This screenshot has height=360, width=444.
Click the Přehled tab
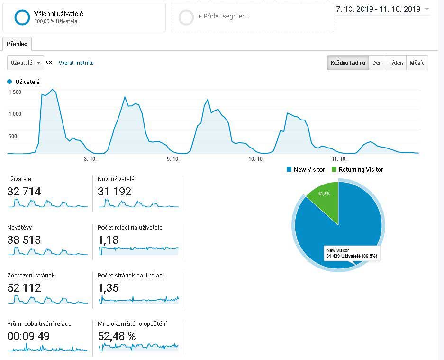click(x=17, y=44)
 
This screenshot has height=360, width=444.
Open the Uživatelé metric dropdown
click(x=26, y=63)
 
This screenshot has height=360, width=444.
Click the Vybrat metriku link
click(x=76, y=63)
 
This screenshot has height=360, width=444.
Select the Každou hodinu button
click(x=348, y=63)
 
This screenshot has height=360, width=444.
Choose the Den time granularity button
click(x=377, y=63)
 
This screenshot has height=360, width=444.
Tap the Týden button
click(x=396, y=63)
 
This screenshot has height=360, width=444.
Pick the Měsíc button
click(x=417, y=63)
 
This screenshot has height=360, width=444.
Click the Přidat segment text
click(x=223, y=16)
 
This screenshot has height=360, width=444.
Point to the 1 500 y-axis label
click(x=15, y=92)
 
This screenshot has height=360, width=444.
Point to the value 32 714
click(x=24, y=192)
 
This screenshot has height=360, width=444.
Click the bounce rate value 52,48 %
click(x=117, y=336)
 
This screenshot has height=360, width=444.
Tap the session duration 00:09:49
click(x=28, y=336)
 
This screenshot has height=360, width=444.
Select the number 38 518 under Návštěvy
click(x=24, y=240)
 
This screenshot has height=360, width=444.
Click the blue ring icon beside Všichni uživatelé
click(x=22, y=17)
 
